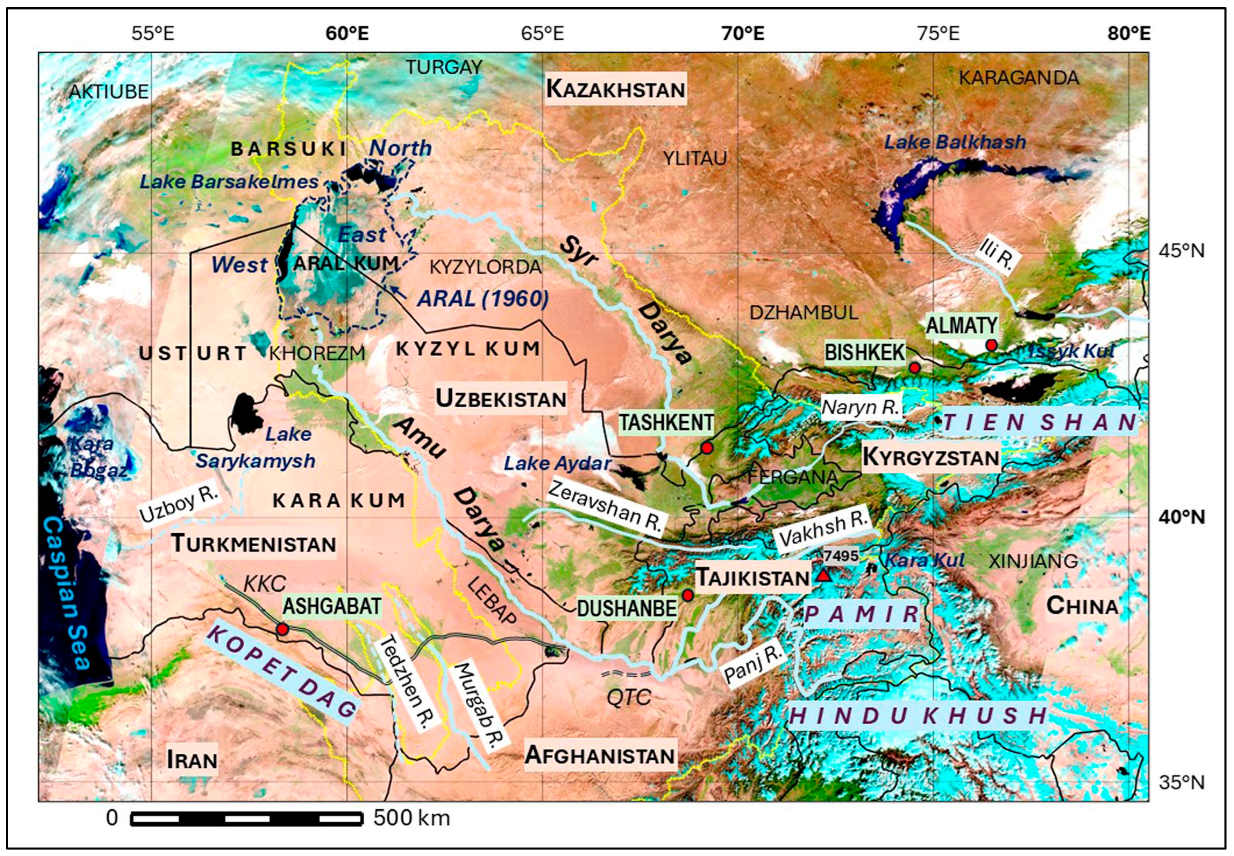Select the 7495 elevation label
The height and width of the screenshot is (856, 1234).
coord(841,556)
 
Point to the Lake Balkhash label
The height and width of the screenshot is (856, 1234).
coord(955,142)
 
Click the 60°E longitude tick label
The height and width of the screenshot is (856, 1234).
coord(347,34)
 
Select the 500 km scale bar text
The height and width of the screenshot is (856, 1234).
coord(411,818)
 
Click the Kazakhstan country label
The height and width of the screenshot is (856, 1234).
coord(615,89)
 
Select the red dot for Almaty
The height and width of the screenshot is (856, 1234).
coord(991,345)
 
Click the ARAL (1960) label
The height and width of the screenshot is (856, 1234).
coord(483,299)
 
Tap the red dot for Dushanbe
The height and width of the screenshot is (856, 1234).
coord(688,595)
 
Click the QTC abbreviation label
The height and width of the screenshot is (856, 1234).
coord(628,697)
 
